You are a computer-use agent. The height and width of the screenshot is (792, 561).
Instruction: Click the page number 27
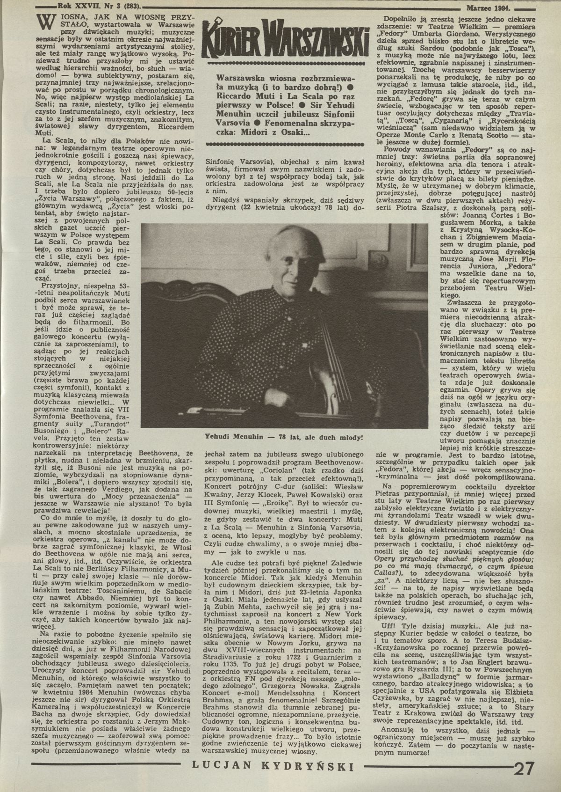tap(525, 769)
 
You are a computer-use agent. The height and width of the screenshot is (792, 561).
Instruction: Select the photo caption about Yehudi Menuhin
tap(284, 437)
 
